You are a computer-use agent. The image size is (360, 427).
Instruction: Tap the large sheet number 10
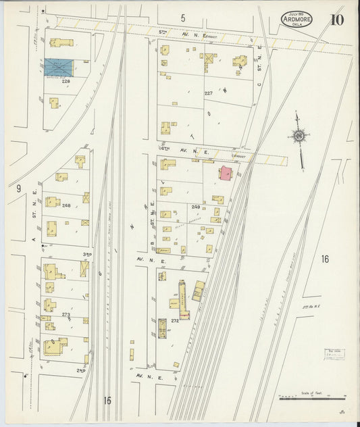[336, 19]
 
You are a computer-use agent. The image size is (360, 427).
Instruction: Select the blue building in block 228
[59, 68]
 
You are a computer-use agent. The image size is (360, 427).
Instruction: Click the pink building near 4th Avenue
[224, 172]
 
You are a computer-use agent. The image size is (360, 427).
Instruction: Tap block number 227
[209, 93]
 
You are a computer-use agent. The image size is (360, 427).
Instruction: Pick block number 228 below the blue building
[66, 81]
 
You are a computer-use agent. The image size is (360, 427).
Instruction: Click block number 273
[66, 314]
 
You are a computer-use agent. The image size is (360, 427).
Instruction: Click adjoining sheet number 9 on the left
[20, 189]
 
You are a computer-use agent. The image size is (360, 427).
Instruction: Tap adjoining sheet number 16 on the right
[324, 259]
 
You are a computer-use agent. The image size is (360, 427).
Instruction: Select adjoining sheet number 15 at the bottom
[107, 400]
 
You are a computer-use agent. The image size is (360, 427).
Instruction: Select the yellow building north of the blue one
[61, 43]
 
